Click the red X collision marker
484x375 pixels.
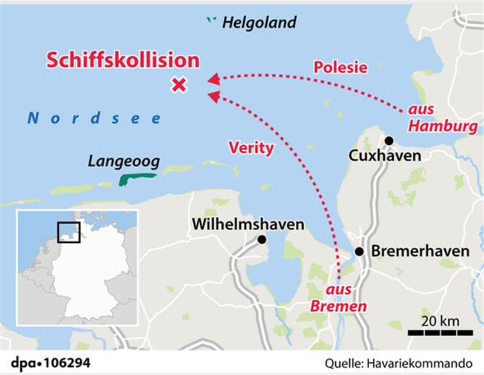click(178, 85)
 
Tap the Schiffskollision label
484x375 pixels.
click(123, 60)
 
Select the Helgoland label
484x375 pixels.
click(260, 23)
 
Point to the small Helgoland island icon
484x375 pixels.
click(211, 21)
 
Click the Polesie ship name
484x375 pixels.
click(340, 67)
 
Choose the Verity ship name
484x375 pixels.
click(251, 148)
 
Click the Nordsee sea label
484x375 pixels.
click(94, 118)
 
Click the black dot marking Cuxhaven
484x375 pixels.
click(389, 140)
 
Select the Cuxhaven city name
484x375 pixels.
click(385, 156)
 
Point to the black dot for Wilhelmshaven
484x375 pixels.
click(261, 240)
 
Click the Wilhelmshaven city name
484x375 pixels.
click(248, 224)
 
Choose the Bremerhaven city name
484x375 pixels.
click(419, 251)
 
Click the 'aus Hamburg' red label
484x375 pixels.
click(442, 119)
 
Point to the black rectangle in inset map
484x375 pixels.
click(69, 233)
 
